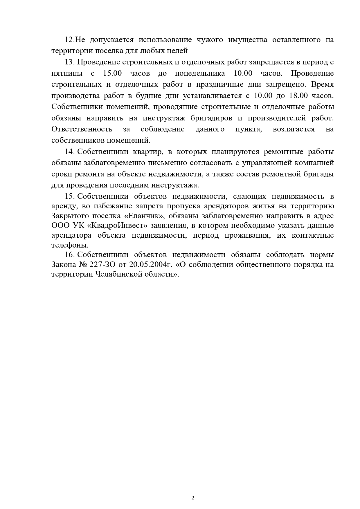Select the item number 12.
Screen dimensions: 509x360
pyautogui.click(x=70, y=40)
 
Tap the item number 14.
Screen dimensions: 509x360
pyautogui.click(x=70, y=152)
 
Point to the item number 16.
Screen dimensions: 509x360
pyautogui.click(x=70, y=255)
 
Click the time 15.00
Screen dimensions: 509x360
pyautogui.click(x=112, y=73)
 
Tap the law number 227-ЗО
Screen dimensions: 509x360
pyautogui.click(x=100, y=265)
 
